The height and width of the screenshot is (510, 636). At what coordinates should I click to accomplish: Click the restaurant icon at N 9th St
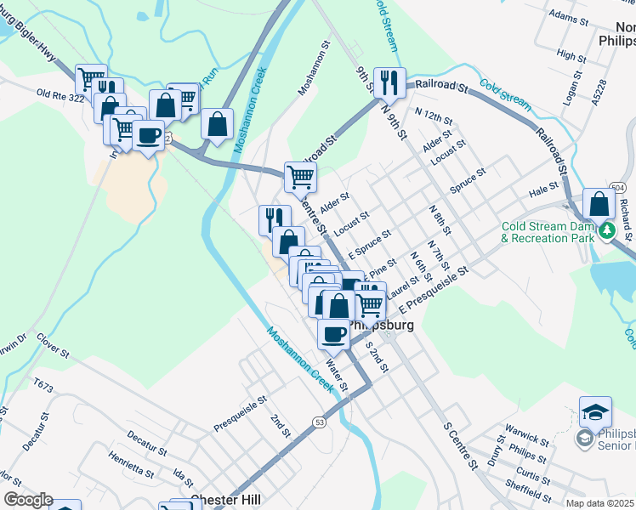(389, 83)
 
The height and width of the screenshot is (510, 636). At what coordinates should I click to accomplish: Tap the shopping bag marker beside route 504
(599, 204)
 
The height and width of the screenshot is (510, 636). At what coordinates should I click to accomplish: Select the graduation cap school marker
(595, 412)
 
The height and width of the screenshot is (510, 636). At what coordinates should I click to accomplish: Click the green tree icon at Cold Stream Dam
(606, 229)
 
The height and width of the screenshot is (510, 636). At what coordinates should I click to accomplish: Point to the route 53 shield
(319, 422)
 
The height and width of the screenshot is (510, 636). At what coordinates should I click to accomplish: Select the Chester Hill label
(225, 501)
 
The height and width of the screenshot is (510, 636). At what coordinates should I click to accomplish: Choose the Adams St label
(569, 16)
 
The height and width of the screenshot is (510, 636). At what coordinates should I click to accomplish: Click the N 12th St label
(430, 113)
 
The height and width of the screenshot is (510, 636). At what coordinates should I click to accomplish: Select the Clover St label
(54, 342)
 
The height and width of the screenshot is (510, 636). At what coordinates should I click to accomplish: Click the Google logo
(28, 500)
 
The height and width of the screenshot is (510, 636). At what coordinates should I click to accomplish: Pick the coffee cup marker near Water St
(333, 333)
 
